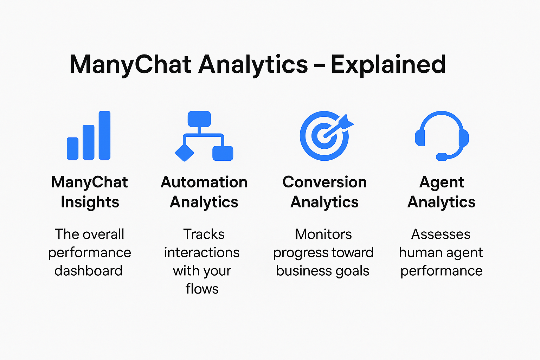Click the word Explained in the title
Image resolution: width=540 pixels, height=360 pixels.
[388, 64]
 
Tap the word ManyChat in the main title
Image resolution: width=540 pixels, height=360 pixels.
[130, 64]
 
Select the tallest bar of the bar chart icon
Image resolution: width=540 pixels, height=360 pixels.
[104, 135]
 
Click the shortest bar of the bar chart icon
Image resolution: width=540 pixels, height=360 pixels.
[72, 148]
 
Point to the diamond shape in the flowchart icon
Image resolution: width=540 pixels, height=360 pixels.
[185, 153]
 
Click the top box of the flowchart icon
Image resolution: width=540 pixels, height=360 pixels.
[199, 119]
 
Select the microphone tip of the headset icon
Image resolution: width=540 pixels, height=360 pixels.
[442, 157]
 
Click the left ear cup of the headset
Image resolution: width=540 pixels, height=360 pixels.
[420, 138]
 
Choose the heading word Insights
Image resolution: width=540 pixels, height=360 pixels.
[90, 202]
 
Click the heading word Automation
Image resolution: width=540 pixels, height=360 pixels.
[204, 182]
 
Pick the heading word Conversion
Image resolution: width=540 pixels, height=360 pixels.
[324, 182]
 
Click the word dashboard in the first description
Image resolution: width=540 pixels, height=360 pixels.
[89, 271]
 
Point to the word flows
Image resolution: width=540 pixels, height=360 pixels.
[202, 289]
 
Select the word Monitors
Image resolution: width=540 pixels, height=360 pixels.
[323, 234]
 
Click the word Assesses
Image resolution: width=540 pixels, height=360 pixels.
[441, 234]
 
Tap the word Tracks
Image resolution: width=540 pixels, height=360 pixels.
[204, 234]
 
